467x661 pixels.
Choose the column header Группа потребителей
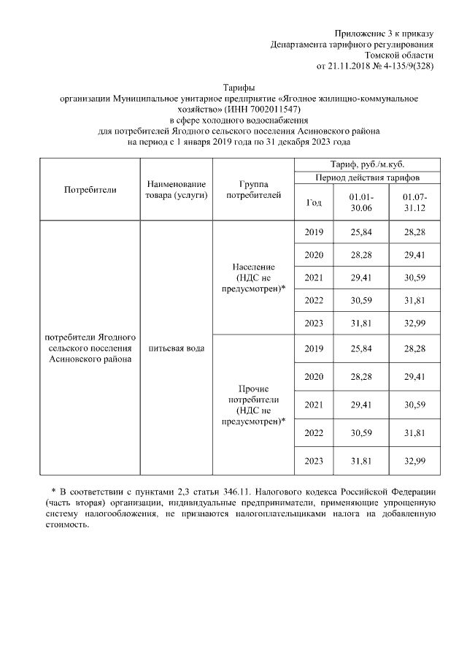[x=252, y=189]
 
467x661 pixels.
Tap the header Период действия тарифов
[x=367, y=177]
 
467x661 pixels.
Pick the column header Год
[x=313, y=202]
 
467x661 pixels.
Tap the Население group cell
[x=252, y=278]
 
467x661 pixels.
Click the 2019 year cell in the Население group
[x=313, y=232]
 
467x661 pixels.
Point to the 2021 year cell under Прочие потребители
[x=313, y=405]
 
